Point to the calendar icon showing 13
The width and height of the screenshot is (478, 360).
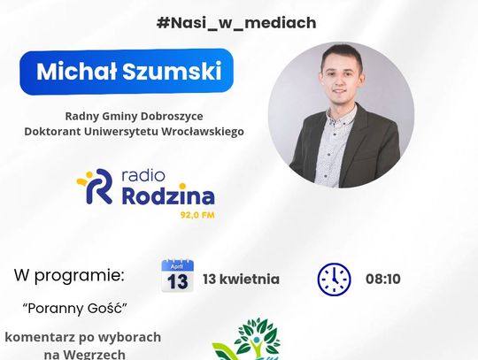177,277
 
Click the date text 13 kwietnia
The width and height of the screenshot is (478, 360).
241,279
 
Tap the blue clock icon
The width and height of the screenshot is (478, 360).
334,279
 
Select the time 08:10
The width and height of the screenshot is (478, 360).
382,279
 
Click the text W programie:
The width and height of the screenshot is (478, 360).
69,275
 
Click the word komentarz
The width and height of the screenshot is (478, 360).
42,337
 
